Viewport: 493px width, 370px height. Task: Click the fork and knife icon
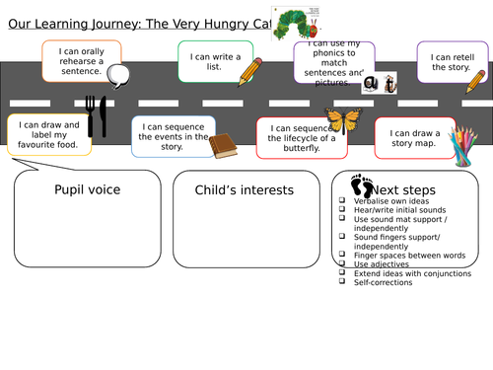pyautogui.click(x=96, y=115)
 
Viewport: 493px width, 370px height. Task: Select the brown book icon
pyautogui.click(x=223, y=146)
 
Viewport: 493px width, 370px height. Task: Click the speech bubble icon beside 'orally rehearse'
pyautogui.click(x=120, y=75)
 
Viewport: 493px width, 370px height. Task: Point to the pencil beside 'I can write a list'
pyautogui.click(x=250, y=71)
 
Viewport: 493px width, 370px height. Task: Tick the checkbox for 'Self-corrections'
pyautogui.click(x=340, y=281)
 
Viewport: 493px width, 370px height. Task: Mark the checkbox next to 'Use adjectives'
pyautogui.click(x=340, y=263)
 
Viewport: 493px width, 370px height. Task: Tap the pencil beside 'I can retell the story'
pyautogui.click(x=475, y=83)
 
